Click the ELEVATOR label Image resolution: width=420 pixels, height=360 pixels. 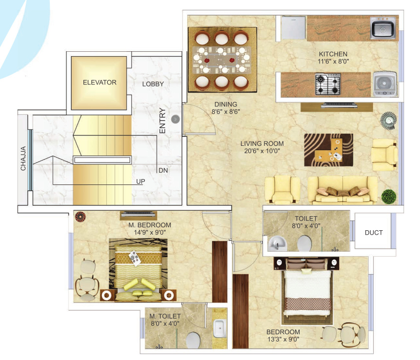[x=100, y=82]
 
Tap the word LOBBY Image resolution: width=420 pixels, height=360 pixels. [x=153, y=84]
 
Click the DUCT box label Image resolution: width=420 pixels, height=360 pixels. [x=374, y=233]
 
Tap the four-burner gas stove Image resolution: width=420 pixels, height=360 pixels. [x=327, y=84]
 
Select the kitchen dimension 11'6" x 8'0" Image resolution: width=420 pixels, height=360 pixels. [x=333, y=62]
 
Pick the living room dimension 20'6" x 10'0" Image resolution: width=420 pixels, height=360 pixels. [x=262, y=152]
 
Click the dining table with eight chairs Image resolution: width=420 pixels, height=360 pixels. [x=222, y=60]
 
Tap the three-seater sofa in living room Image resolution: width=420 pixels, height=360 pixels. [x=342, y=190]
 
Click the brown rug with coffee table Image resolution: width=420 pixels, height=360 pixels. [x=328, y=150]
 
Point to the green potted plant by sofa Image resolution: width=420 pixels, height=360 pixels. [x=389, y=196]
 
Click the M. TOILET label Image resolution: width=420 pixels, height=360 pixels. [x=166, y=316]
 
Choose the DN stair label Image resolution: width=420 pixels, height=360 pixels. [x=163, y=171]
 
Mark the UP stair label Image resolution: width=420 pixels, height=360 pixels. [x=141, y=181]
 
